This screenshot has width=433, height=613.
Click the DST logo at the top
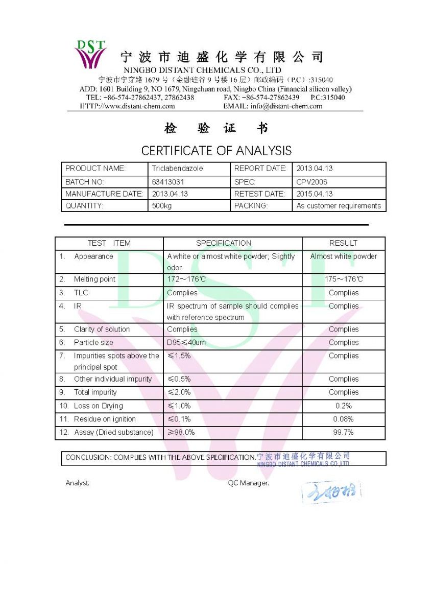[x=91, y=54]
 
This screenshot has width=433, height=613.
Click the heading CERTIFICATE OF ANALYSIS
[x=216, y=151]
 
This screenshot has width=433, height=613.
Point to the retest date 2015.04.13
[x=315, y=194]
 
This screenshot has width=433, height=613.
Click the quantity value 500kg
[x=162, y=206]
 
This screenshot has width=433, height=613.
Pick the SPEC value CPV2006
[x=312, y=182]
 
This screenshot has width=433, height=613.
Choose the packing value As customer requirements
[x=339, y=206]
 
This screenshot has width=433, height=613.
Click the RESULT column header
[x=343, y=243]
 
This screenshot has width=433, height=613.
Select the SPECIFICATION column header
[x=224, y=243]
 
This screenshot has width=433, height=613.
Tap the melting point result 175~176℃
[x=344, y=279]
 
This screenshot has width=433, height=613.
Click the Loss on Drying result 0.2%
[x=344, y=406]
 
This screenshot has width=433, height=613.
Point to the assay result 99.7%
[x=344, y=433]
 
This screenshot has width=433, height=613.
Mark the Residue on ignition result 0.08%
[x=344, y=419]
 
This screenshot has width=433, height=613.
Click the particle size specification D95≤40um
[x=186, y=343]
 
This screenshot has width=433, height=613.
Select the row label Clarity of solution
[x=102, y=329]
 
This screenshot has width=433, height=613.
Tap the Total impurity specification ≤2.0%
[x=179, y=393]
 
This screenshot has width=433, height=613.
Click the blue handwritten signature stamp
[x=331, y=492]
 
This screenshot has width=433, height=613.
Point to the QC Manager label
[x=248, y=483]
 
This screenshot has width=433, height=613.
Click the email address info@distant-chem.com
[x=286, y=106]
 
